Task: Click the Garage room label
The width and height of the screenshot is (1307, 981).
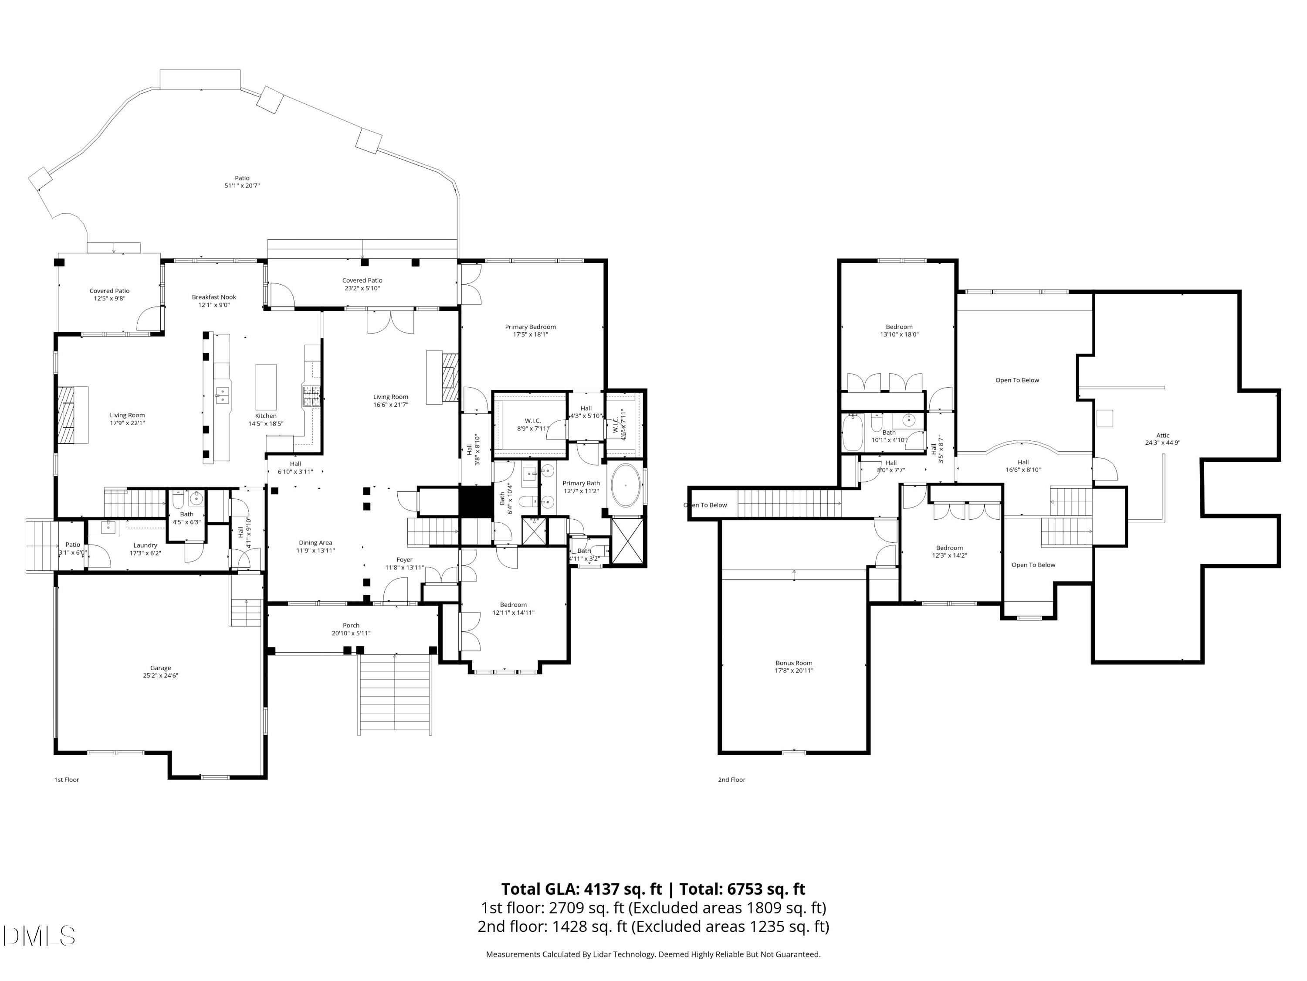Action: tap(160, 668)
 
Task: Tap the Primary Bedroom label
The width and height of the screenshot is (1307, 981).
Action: tap(530, 327)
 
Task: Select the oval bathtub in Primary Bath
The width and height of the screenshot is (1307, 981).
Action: tap(625, 485)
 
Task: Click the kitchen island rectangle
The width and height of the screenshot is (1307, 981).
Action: tap(266, 384)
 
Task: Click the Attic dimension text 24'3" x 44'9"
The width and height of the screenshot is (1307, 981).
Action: tap(1162, 442)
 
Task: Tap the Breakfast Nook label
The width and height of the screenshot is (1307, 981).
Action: tap(214, 297)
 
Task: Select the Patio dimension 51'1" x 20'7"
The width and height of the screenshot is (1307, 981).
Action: tap(242, 186)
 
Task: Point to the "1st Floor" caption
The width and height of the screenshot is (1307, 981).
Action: tap(66, 780)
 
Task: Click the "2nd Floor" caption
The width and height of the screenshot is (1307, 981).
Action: tap(731, 780)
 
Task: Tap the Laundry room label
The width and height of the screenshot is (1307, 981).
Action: tap(146, 545)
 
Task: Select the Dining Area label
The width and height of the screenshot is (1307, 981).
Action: tap(315, 542)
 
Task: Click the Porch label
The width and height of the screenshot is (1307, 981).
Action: tap(351, 625)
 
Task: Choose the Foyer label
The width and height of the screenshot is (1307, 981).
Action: tap(404, 559)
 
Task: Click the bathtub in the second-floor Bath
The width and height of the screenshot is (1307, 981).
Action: tap(853, 432)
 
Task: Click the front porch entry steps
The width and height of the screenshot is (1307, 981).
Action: tap(395, 694)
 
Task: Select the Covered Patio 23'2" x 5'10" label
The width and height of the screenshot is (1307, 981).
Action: tap(362, 284)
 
